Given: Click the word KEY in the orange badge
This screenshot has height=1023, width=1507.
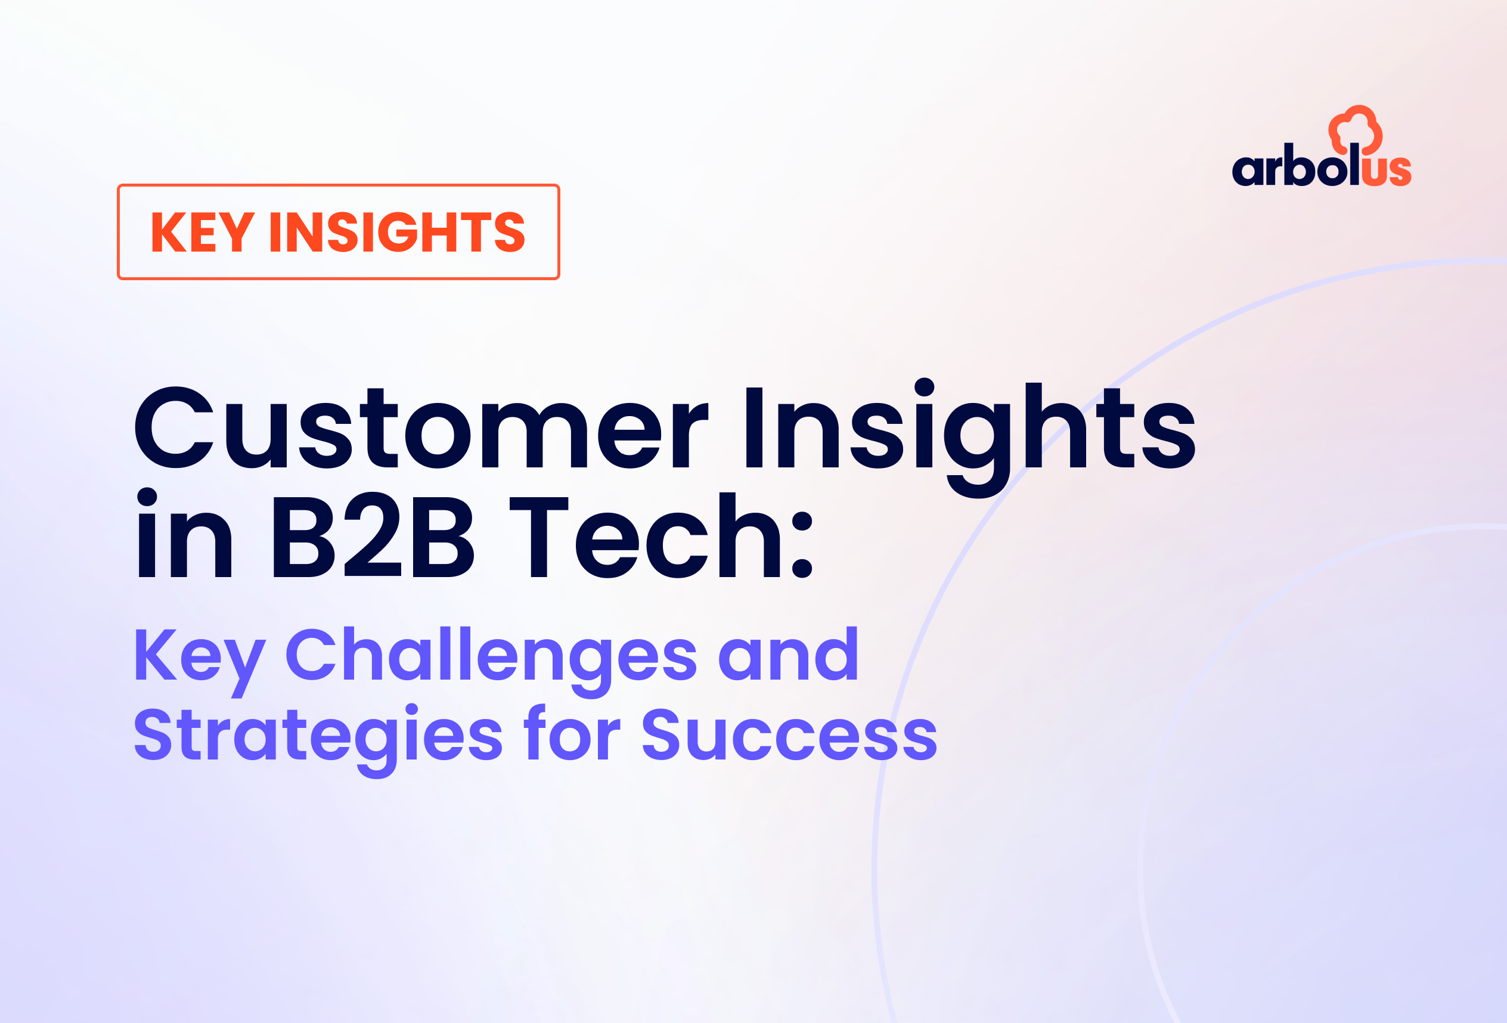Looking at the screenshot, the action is (202, 231).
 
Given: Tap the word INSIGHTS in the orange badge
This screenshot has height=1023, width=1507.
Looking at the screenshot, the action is (397, 231).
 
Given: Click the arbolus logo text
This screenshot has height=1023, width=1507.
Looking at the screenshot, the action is (1322, 165).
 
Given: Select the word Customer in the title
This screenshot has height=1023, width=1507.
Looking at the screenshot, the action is (421, 427).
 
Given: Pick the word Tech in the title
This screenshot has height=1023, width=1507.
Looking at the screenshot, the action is (646, 535).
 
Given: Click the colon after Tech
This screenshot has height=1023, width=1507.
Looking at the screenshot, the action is (802, 544).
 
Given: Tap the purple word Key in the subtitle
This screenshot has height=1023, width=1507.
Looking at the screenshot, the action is (200, 658).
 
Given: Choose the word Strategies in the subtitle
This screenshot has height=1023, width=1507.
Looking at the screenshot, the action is (318, 740).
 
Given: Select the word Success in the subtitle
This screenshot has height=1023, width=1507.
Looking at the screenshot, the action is (789, 734).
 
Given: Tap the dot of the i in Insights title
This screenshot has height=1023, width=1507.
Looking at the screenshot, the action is (924, 387).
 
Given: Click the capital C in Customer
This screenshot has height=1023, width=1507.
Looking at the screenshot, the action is (174, 427).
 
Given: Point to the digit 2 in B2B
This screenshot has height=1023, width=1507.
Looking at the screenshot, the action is (373, 535).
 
